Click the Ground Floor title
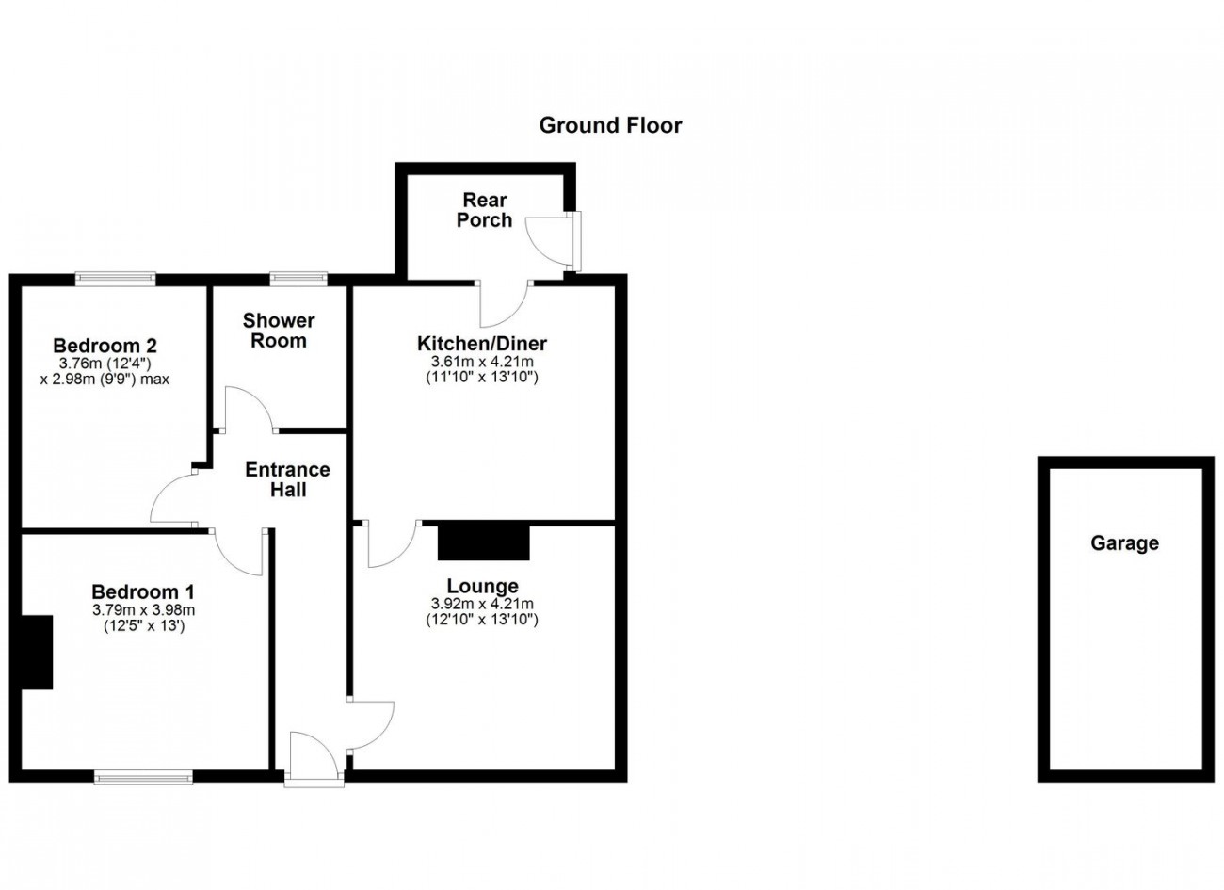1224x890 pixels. (610, 126)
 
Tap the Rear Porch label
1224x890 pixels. (485, 210)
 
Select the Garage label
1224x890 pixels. (1124, 542)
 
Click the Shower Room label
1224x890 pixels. (279, 331)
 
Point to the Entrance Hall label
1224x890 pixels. (288, 479)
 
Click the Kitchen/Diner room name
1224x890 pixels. (482, 344)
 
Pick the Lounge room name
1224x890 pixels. (482, 586)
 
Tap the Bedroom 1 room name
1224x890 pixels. (143, 591)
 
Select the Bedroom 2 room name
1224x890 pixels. (105, 346)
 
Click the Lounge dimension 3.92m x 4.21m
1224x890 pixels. (482, 604)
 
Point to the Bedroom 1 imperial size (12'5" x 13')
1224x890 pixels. (144, 625)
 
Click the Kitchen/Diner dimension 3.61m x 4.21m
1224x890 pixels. (482, 362)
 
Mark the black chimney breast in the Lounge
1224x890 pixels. (484, 542)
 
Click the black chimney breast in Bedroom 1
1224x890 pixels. (37, 652)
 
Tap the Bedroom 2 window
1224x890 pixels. (115, 279)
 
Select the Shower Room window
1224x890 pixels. (298, 279)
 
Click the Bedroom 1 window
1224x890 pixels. (143, 777)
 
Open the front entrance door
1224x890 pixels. (314, 760)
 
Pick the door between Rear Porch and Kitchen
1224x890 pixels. (504, 303)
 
